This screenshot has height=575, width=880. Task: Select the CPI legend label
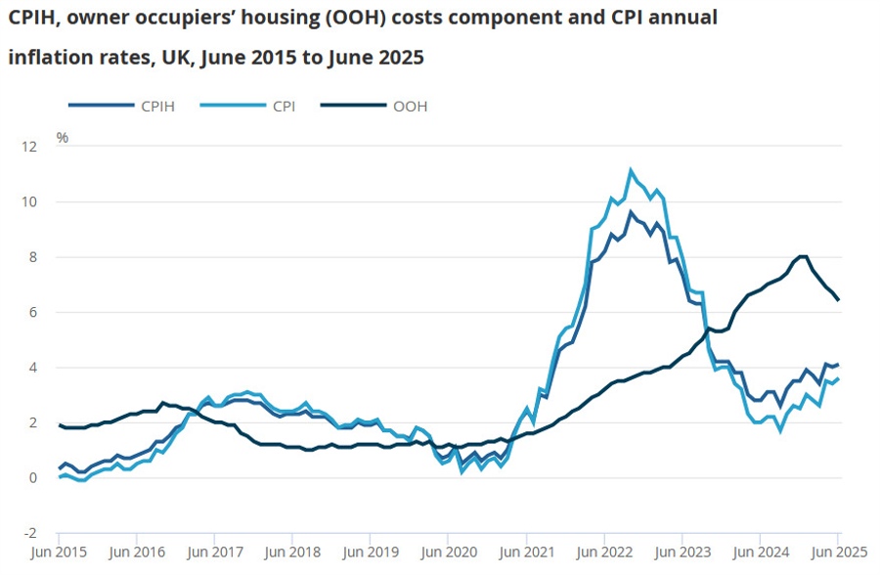[284, 107]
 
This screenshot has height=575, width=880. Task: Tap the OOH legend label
[410, 107]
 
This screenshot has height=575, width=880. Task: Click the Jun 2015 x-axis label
[59, 553]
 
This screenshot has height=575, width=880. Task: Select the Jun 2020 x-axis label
[448, 553]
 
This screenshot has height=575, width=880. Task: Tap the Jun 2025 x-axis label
[837, 553]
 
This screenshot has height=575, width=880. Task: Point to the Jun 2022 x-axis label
[603, 553]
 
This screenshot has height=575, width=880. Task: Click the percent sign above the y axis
[63, 137]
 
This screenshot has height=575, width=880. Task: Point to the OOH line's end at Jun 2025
[838, 299]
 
